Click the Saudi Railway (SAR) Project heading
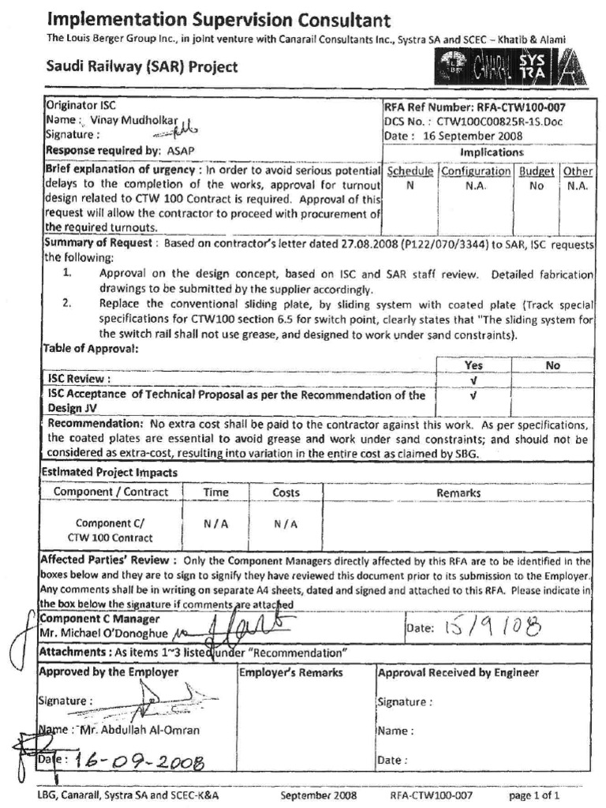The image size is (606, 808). pyautogui.click(x=142, y=67)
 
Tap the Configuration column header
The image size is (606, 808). pyautogui.click(x=476, y=171)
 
